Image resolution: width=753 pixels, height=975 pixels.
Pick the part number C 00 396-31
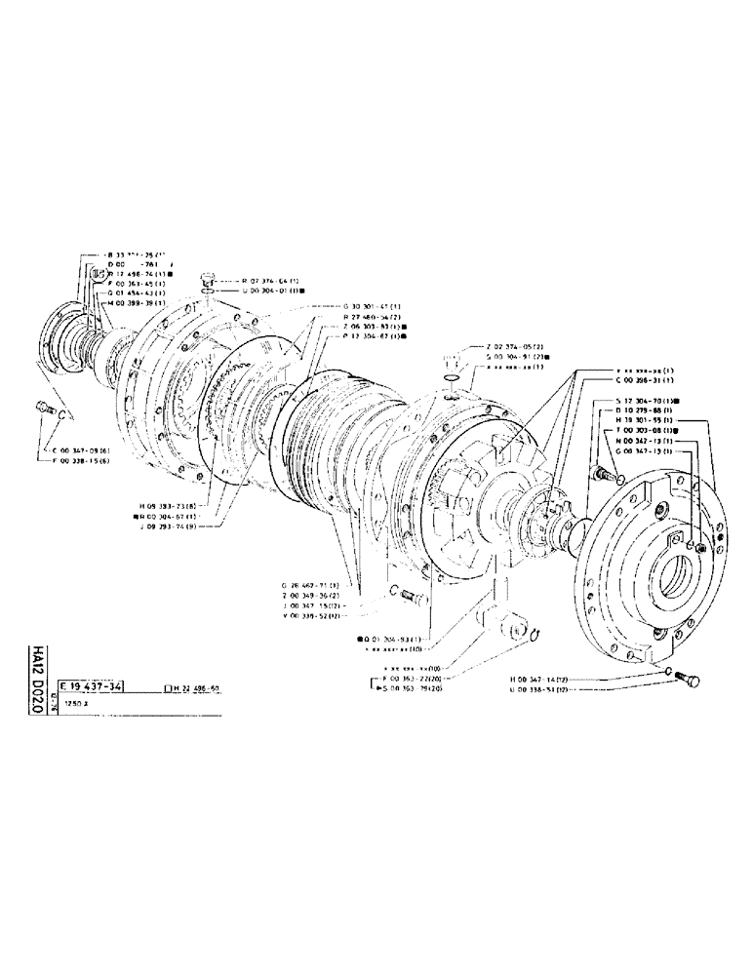click(644, 381)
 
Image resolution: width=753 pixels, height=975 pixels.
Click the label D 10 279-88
click(644, 410)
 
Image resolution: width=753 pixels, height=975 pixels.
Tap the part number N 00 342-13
click(644, 440)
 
